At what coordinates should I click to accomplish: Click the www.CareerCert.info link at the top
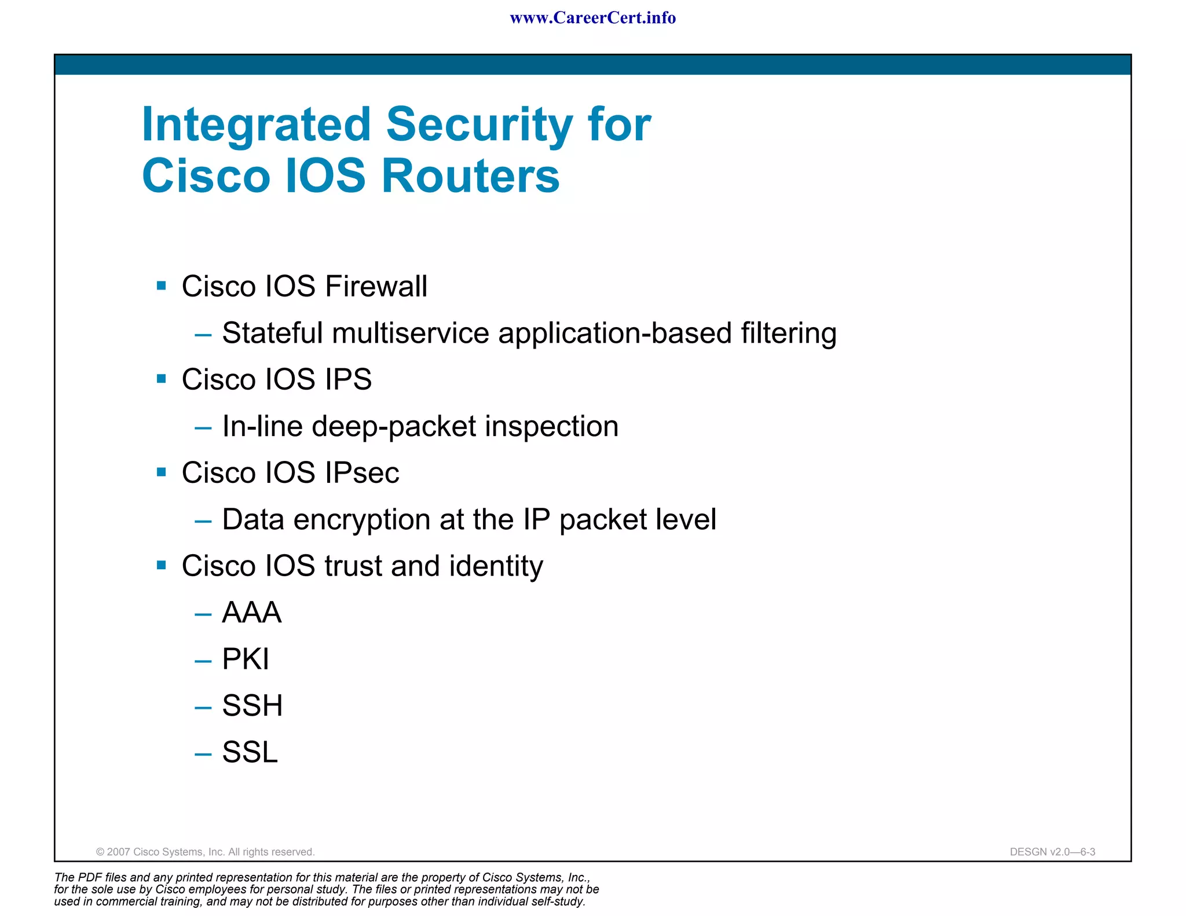(592, 18)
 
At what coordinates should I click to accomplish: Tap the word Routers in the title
(470, 176)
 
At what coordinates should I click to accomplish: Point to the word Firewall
(376, 286)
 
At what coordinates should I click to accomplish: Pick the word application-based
(615, 334)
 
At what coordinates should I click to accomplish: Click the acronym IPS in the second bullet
(348, 379)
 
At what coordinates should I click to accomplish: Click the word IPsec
(362, 472)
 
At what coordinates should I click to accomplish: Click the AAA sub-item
(252, 613)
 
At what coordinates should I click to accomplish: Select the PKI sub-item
(246, 659)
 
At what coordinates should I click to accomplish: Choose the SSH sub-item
(252, 706)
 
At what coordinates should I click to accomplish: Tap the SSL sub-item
(250, 752)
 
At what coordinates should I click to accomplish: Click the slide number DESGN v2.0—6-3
(1052, 852)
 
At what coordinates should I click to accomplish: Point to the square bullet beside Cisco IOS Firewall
(162, 285)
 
